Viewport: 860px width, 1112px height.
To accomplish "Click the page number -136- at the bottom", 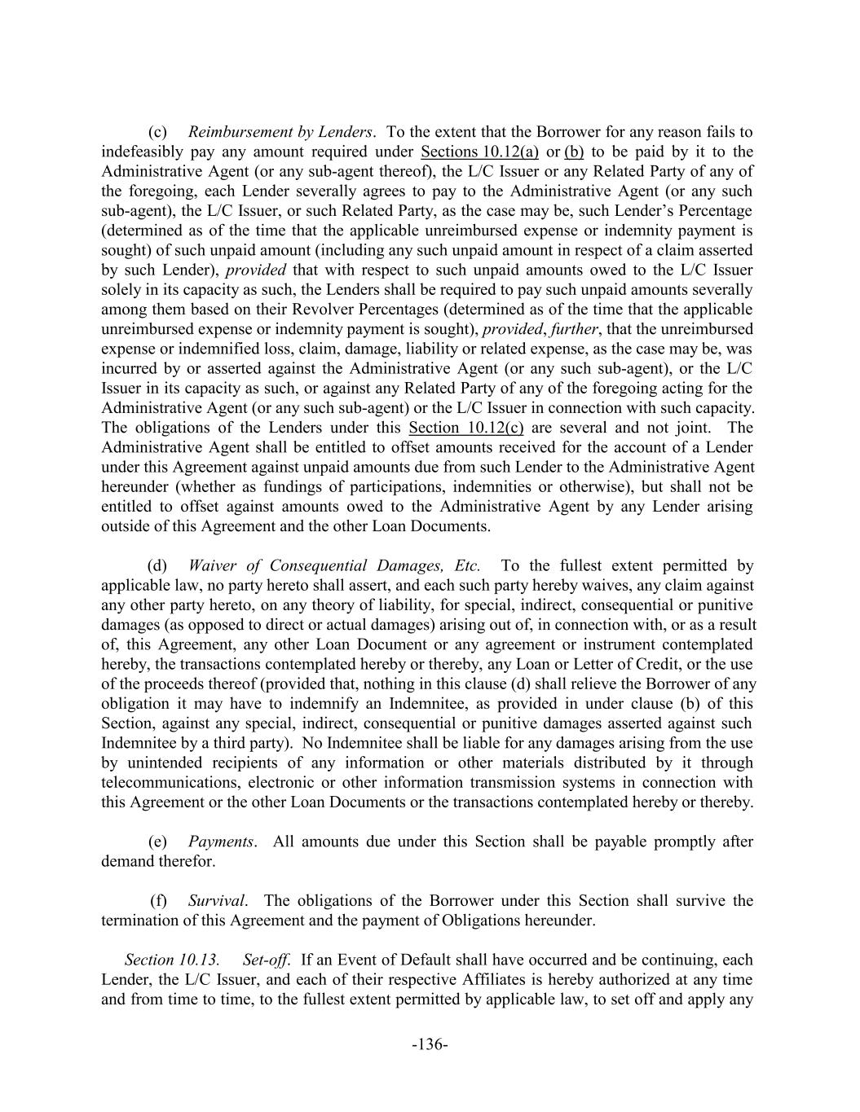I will click(430, 1044).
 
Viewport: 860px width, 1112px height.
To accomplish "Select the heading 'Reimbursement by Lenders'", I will click(280, 132).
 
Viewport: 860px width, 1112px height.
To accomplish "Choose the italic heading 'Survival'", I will click(216, 901).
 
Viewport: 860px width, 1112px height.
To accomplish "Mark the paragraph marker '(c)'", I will click(157, 132).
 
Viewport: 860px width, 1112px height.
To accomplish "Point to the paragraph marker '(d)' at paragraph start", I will click(157, 565).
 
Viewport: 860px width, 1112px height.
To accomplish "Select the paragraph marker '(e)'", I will click(157, 842).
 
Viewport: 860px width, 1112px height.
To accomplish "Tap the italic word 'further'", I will click(574, 329).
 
